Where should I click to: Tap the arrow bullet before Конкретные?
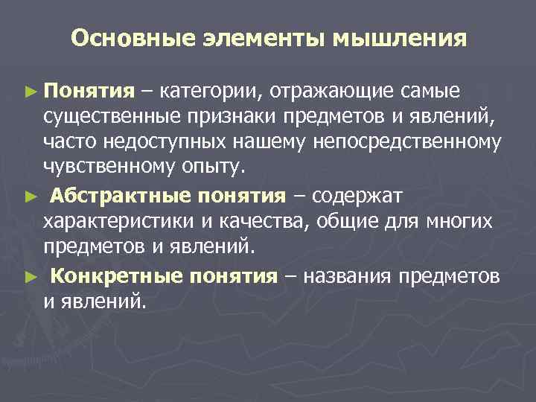coord(29,277)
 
